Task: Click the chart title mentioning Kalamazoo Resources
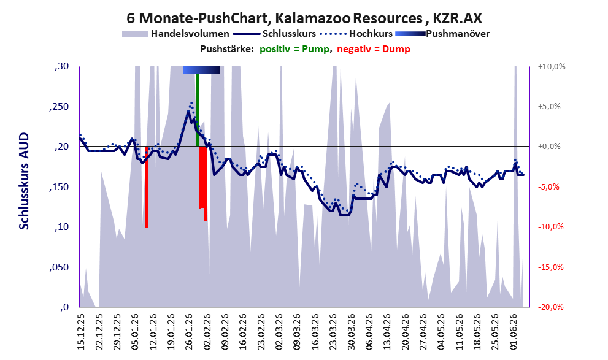(304, 18)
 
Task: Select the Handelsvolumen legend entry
(175, 34)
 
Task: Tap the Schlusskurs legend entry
(274, 34)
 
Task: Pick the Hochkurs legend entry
(356, 34)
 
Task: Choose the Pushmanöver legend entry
(442, 34)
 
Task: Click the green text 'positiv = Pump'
(294, 49)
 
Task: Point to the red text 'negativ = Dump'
(374, 49)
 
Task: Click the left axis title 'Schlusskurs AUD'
(24, 181)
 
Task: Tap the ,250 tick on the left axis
(59, 107)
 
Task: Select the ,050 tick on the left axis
(59, 267)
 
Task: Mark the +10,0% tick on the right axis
(552, 67)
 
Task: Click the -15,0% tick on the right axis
(550, 267)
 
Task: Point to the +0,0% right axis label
(549, 147)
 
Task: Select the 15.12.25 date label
(80, 332)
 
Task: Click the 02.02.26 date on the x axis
(207, 332)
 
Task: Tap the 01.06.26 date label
(514, 332)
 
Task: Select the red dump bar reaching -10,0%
(147, 187)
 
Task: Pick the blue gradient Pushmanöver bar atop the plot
(201, 70)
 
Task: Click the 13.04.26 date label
(388, 332)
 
